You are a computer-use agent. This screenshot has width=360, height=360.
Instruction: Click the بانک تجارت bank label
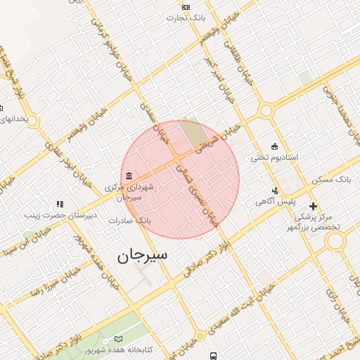pos(186,18)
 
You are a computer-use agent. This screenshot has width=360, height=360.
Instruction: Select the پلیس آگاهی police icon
pos(275,190)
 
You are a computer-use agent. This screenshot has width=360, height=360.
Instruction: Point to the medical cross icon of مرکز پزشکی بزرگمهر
pos(313,207)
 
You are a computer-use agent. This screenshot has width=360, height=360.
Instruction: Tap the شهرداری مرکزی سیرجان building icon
pos(128,176)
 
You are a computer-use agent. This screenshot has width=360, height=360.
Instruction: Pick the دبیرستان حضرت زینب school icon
pos(59,204)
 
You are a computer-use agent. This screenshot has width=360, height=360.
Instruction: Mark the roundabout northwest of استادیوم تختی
pos(265,110)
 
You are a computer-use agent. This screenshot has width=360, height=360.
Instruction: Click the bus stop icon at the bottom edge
pos(213,356)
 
